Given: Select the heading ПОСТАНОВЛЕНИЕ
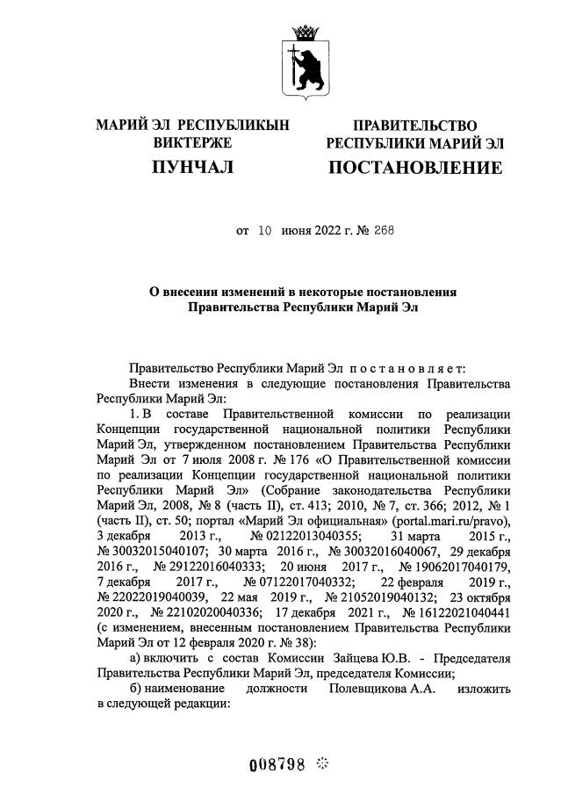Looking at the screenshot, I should [415, 167].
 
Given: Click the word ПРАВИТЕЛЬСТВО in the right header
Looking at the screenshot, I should [415, 126].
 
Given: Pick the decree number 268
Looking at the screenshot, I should [383, 231].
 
